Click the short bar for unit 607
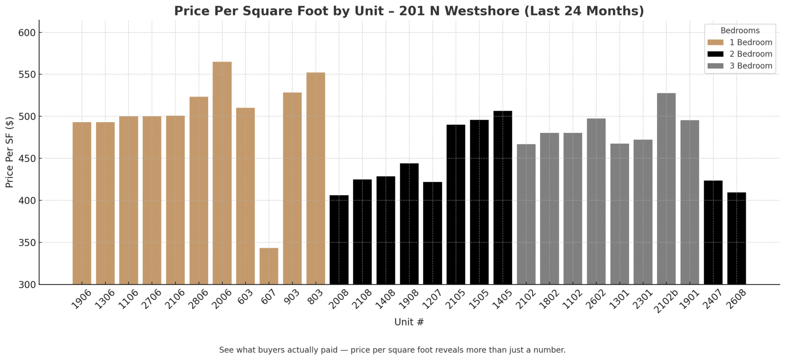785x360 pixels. [269, 266]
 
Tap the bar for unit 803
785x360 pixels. [316, 178]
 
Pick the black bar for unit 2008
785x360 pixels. [339, 240]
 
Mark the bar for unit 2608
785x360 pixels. [736, 238]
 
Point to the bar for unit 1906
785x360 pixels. [82, 203]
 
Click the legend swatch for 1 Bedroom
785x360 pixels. [715, 42]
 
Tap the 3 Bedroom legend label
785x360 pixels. [751, 66]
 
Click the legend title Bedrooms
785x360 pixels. [740, 31]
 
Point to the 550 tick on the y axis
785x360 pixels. [27, 75]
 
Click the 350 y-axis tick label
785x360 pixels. [27, 243]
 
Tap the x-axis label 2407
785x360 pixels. [712, 299]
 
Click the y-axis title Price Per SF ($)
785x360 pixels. [9, 152]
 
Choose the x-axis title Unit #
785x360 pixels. [409, 322]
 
